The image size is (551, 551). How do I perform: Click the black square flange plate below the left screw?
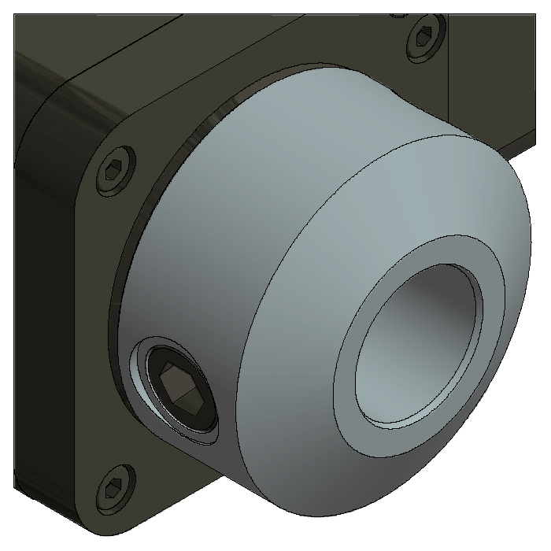pos(79,315)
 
